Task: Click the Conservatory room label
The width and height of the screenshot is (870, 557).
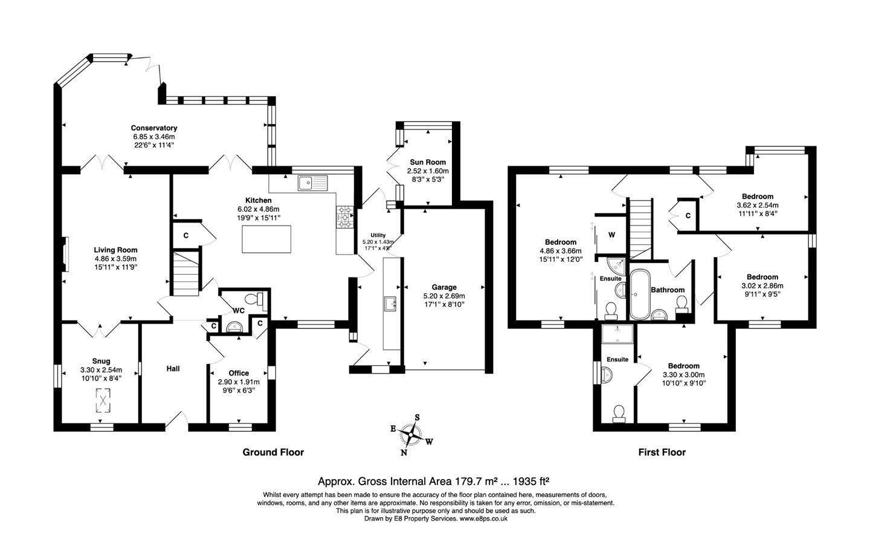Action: (x=154, y=128)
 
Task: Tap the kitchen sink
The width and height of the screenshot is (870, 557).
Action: (x=313, y=183)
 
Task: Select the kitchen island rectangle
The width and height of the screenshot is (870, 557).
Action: (x=266, y=239)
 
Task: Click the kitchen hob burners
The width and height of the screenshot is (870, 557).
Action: (x=345, y=217)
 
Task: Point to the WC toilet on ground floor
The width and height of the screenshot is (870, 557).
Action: (x=255, y=299)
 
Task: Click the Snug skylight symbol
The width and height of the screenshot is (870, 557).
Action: (x=103, y=400)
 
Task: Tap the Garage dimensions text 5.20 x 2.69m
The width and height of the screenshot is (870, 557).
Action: (x=444, y=296)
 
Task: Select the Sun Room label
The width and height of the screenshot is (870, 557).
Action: (x=428, y=162)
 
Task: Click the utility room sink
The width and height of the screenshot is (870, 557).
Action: (x=390, y=304)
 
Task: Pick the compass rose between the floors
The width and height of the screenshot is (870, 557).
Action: (x=411, y=435)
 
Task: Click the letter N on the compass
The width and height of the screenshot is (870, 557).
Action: (x=404, y=452)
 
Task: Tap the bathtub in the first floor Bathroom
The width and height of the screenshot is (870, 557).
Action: (x=640, y=295)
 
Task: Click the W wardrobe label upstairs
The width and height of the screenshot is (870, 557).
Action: (x=611, y=235)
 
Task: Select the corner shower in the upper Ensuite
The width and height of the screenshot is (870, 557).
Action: (x=616, y=265)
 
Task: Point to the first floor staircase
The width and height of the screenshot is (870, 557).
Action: (x=640, y=229)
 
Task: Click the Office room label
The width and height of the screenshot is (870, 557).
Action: (x=239, y=373)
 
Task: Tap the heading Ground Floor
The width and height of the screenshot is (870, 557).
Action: (x=273, y=452)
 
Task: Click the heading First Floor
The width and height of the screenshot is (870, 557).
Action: (x=662, y=452)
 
